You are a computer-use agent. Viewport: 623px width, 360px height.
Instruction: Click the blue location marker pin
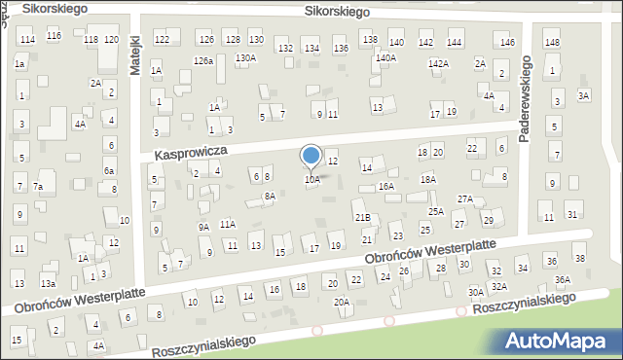coord(311,157)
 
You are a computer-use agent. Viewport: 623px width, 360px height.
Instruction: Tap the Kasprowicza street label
coord(191,153)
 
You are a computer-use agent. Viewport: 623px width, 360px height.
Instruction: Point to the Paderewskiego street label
coord(525,98)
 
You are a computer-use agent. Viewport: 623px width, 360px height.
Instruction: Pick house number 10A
coord(311,180)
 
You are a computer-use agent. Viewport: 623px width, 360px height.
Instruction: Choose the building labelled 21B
coord(362,216)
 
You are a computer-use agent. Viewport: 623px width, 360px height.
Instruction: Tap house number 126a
coord(202,60)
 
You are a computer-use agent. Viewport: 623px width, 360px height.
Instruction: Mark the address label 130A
coord(245,58)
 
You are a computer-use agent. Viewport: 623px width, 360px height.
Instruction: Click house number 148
coord(552,42)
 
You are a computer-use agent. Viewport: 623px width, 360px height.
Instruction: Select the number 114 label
coord(28,39)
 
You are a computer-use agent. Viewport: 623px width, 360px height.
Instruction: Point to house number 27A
coord(465,198)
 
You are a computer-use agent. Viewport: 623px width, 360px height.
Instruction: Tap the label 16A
coord(386,186)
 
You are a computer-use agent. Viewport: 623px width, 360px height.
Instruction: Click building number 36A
coord(563,279)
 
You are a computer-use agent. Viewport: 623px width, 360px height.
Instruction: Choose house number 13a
coord(48,283)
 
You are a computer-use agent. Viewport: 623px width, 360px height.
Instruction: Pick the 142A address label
coord(439,63)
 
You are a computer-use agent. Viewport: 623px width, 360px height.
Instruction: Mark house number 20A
coord(342,302)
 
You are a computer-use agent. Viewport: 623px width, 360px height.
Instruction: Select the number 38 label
coord(579,258)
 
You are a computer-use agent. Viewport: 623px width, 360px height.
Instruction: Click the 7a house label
coord(38,186)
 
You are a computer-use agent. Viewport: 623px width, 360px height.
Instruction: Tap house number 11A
coord(227,224)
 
